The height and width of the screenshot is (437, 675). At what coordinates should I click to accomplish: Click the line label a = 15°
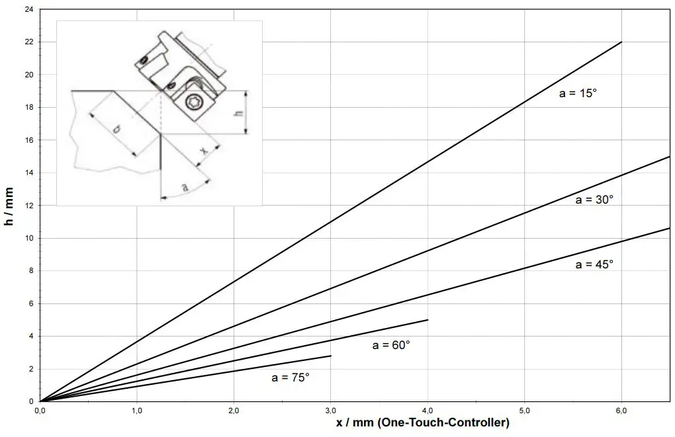(578, 94)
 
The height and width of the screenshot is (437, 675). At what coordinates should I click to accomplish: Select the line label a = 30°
(594, 200)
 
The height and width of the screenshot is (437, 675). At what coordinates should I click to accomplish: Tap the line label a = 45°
(594, 264)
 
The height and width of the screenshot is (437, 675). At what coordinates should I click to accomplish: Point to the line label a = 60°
(391, 345)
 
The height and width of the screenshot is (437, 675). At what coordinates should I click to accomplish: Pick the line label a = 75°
(291, 377)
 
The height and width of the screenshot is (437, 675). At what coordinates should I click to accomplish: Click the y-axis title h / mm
(9, 206)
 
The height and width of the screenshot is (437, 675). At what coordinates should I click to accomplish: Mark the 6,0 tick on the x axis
(621, 411)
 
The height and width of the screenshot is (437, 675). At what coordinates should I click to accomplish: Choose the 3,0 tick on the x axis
(330, 411)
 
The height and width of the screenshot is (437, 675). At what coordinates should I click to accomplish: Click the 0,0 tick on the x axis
(40, 411)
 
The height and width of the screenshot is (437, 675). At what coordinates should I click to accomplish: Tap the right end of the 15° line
(621, 42)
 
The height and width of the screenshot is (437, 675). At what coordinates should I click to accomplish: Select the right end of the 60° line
(427, 320)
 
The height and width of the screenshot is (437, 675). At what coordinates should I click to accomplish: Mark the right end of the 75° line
(330, 356)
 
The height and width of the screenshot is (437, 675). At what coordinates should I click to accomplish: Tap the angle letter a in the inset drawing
(185, 188)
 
